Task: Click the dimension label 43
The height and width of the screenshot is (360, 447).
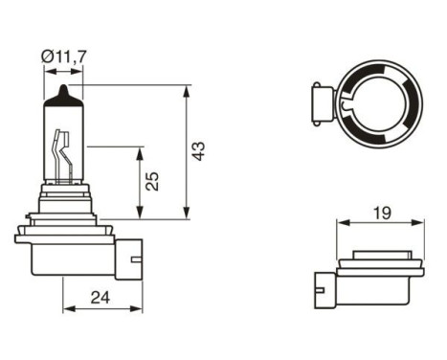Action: (198, 152)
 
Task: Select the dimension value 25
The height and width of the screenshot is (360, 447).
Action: (152, 182)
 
